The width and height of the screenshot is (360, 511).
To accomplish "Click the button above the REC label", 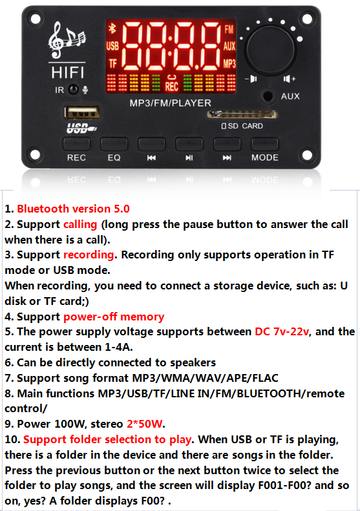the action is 76,143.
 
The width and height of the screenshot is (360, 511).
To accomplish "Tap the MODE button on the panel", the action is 264,143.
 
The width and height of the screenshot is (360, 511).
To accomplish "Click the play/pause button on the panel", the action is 189,143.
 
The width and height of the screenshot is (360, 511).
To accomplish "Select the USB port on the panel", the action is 82,113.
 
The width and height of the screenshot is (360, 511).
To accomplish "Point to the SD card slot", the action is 242,114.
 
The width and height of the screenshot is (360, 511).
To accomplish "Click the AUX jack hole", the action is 268,96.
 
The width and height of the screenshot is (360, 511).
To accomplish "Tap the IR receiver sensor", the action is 74,89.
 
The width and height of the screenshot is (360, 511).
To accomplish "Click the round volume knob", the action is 270,50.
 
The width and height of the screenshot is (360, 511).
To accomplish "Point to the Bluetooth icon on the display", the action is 112,28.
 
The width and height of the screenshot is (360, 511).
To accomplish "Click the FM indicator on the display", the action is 229,30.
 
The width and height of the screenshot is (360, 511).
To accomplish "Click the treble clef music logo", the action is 67,40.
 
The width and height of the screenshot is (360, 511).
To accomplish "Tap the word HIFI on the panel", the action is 67,72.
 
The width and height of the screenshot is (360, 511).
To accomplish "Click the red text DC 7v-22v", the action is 281,331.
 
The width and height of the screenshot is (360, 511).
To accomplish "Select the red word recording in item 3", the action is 89,255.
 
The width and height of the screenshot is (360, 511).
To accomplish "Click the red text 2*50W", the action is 144,424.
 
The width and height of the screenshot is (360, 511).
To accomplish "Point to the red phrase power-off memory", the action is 114,317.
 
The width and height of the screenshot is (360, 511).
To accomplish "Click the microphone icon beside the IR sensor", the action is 85,90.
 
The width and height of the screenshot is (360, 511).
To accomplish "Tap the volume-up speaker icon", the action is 290,79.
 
